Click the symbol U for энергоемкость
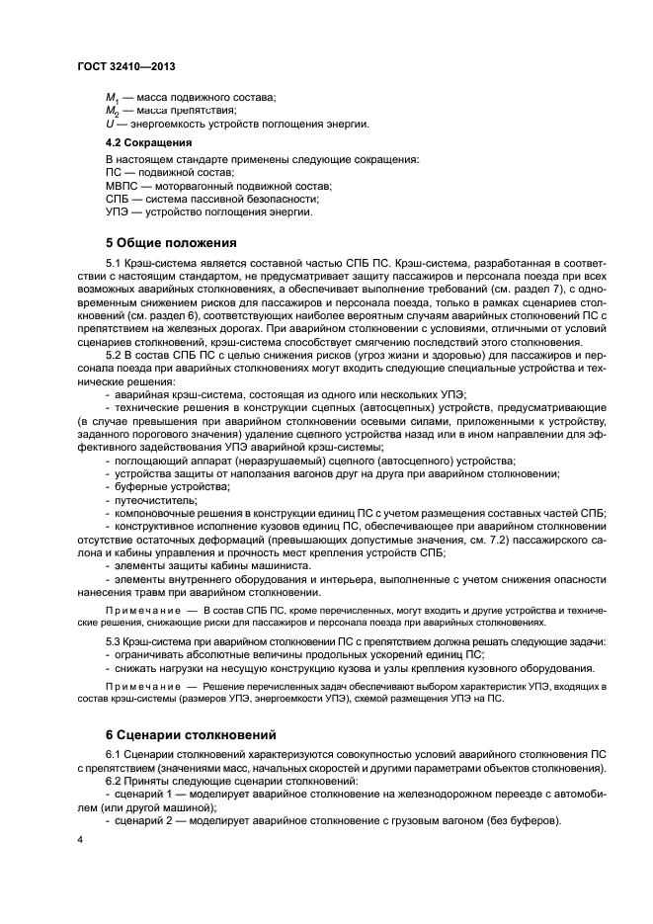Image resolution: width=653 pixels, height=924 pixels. coord(109,124)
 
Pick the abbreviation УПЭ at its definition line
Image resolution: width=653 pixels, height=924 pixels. coord(119,211)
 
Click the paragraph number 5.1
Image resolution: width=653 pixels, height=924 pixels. coord(115,265)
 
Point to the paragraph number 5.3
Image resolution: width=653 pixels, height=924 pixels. coord(115,642)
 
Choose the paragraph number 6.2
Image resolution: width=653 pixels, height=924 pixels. coord(115,781)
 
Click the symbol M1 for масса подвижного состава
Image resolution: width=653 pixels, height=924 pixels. coord(111,98)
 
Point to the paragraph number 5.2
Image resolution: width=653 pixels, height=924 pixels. coord(115,355)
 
